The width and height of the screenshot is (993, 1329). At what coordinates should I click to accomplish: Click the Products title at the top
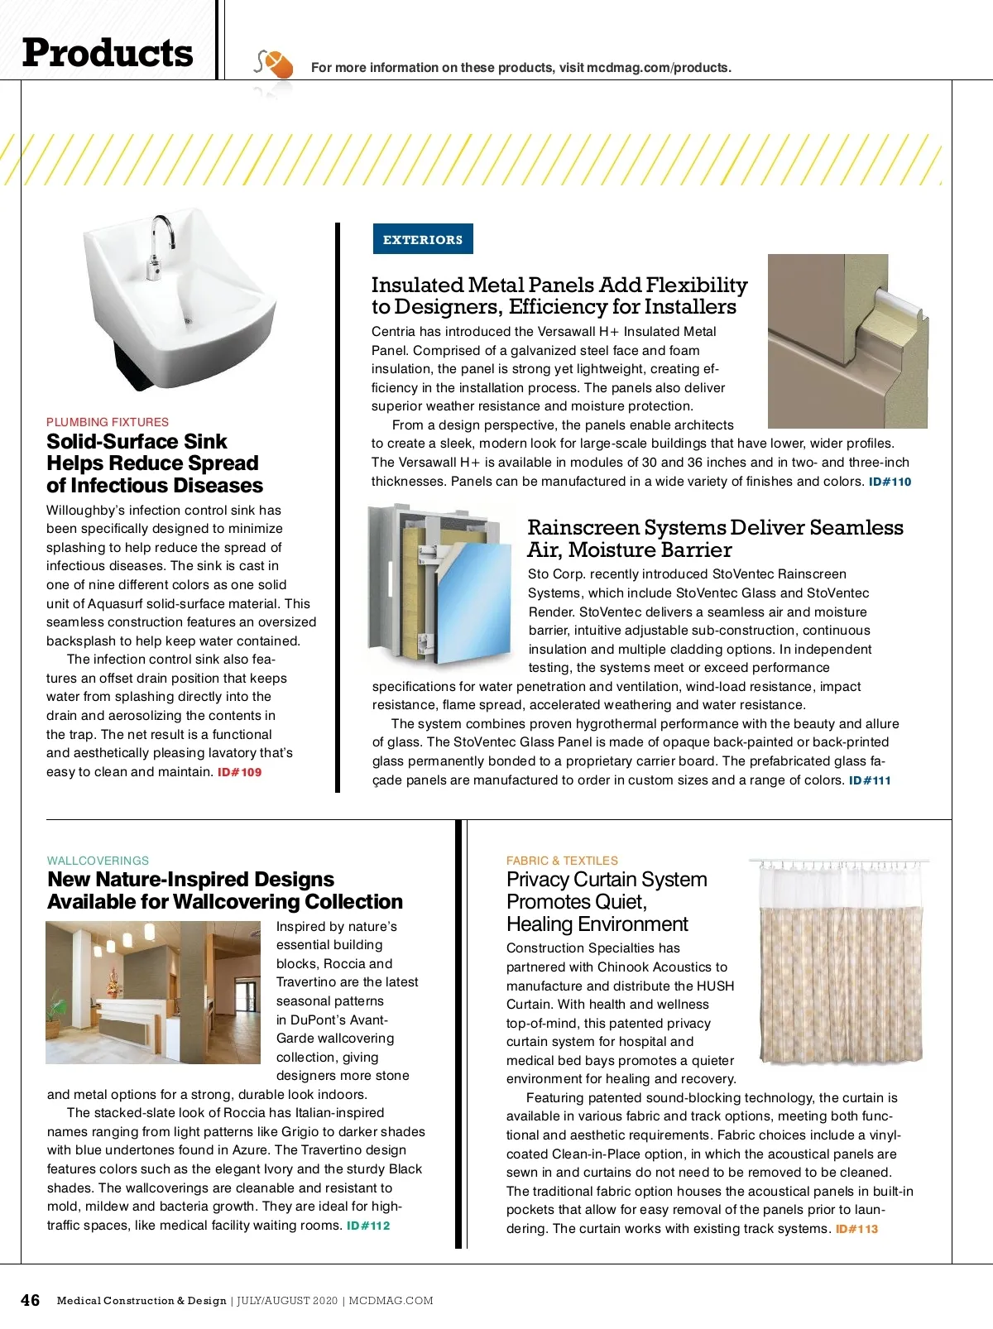[x=108, y=53]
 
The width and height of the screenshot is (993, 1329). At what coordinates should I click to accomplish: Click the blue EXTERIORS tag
[x=423, y=239]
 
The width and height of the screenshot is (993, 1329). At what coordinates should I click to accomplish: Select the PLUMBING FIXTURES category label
[x=108, y=422]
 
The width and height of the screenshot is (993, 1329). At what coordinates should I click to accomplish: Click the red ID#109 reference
[x=239, y=772]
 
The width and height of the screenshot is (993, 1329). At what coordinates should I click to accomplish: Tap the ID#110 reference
[x=890, y=482]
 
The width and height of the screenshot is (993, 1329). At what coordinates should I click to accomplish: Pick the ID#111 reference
[x=870, y=780]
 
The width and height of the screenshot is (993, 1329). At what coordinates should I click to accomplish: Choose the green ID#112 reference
[x=368, y=1226]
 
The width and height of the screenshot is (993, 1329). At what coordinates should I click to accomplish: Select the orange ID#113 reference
[x=856, y=1229]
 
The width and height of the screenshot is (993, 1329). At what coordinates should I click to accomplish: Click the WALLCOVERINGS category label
[x=98, y=861]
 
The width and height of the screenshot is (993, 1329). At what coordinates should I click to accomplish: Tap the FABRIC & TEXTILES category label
[x=562, y=861]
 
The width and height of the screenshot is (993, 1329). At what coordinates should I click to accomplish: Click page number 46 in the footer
[x=30, y=1300]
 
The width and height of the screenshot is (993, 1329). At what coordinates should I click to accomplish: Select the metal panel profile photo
[x=847, y=341]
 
